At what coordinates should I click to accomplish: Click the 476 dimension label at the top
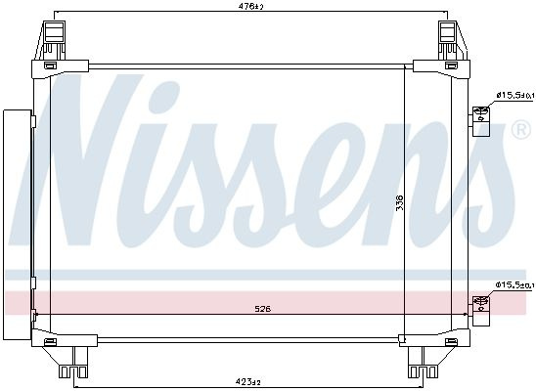[x=252, y=6]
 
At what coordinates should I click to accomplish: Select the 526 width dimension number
[x=263, y=309]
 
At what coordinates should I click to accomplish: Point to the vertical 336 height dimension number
[x=399, y=202]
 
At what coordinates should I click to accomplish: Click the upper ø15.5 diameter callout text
[x=514, y=96]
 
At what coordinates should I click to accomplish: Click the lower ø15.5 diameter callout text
[x=514, y=284]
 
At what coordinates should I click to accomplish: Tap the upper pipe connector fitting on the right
[x=481, y=121]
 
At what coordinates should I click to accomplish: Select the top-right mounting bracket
[x=452, y=40]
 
